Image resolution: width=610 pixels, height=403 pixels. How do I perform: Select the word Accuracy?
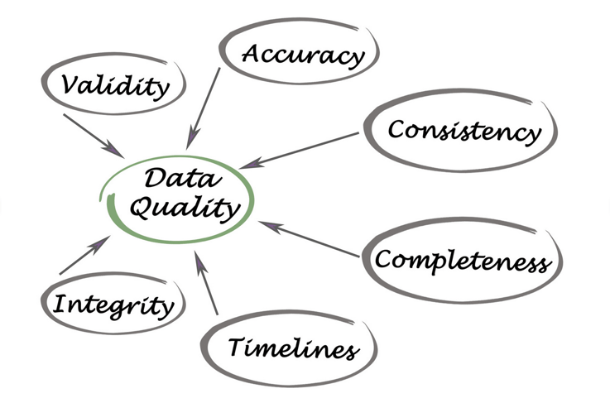point(303,55)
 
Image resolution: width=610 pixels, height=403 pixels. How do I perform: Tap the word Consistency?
point(464,131)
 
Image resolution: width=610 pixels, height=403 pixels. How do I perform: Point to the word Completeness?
point(462,261)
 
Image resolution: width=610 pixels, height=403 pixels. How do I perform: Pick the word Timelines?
point(294,348)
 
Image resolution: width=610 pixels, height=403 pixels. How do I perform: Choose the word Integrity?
point(113,305)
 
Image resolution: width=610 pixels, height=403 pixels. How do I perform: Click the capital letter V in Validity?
point(70,84)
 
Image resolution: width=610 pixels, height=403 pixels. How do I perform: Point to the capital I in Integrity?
point(60,304)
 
